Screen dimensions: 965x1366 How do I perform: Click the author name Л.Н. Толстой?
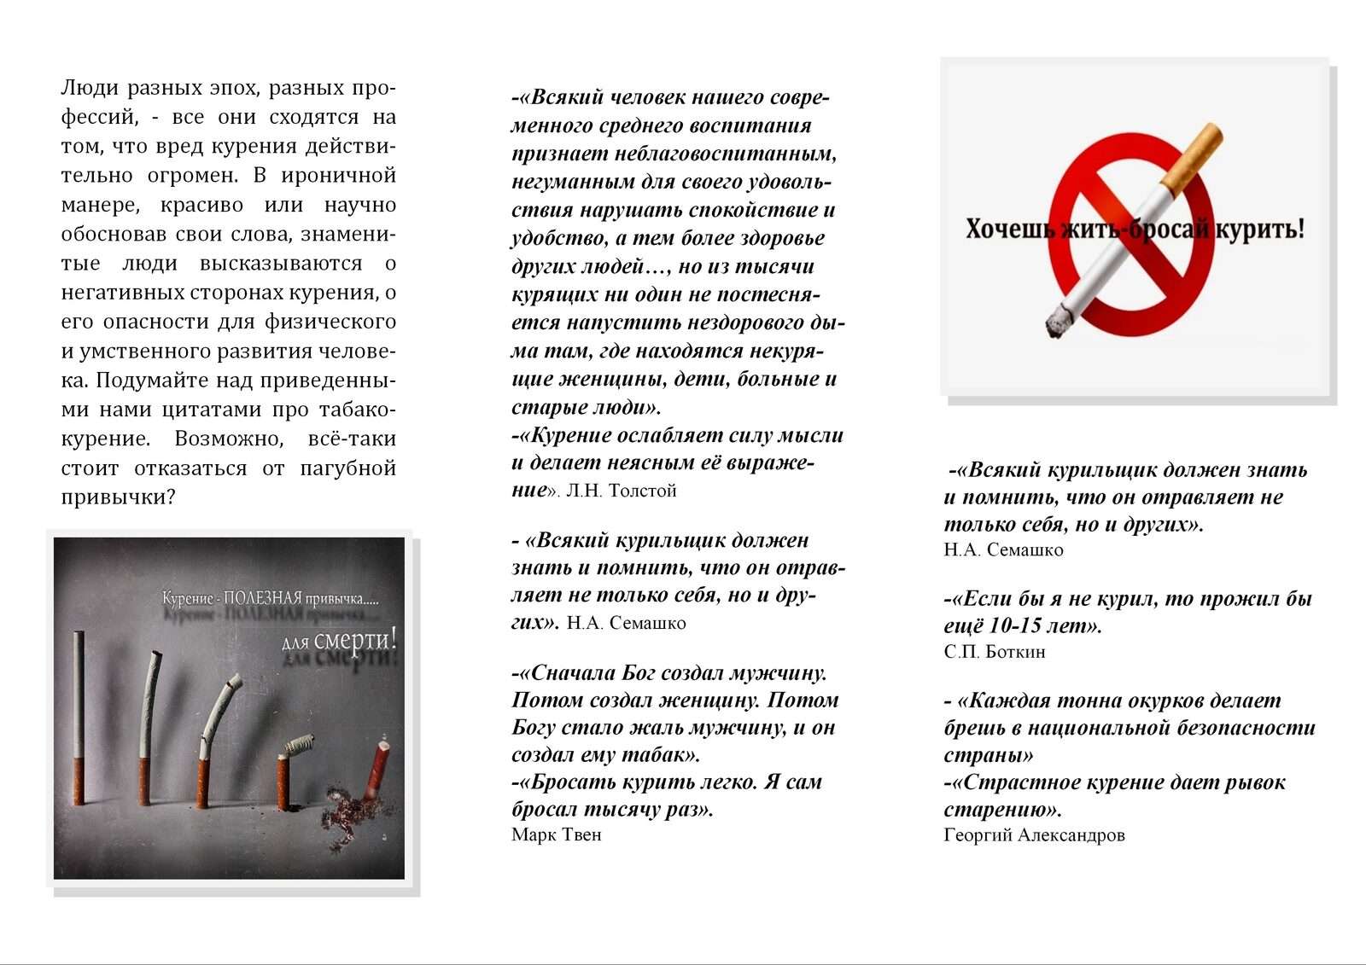point(622,491)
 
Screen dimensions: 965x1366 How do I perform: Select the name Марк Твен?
point(556,834)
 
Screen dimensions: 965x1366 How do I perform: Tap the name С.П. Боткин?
point(994,652)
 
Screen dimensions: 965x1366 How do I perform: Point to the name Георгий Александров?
point(1034,835)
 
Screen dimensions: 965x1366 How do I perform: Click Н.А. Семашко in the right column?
point(1003,550)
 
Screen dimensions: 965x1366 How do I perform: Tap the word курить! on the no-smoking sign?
point(1260,230)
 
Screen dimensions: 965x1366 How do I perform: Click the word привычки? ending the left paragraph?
point(117,497)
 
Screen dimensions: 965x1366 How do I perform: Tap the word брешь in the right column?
point(972,729)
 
